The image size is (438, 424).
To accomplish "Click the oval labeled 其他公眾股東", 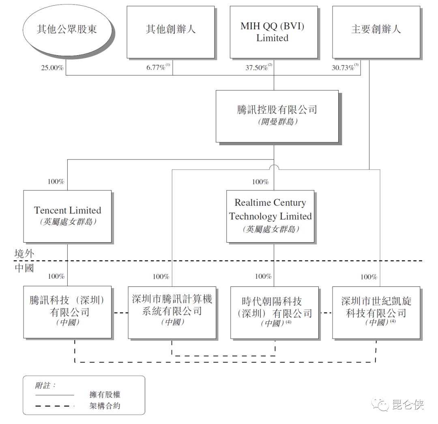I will pyautogui.click(x=67, y=30).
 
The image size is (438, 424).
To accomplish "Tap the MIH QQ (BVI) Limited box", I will pyautogui.click(x=273, y=32).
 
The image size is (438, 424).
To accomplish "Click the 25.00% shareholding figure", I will pyautogui.click(x=52, y=68).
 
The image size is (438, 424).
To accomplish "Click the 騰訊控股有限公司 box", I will pyautogui.click(x=277, y=116).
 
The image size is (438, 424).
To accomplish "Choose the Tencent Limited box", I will pyautogui.click(x=67, y=216).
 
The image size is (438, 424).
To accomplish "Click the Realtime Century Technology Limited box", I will pyautogui.click(x=271, y=216).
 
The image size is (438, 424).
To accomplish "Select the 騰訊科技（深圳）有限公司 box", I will pyautogui.click(x=67, y=312).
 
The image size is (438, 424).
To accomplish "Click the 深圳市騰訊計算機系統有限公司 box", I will pyautogui.click(x=172, y=312).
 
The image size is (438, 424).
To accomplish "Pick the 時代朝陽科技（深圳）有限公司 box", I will pyautogui.click(x=275, y=312).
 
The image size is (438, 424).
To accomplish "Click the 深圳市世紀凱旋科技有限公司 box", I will pyautogui.click(x=376, y=312).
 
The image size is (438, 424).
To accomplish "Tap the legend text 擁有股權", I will pyautogui.click(x=105, y=394).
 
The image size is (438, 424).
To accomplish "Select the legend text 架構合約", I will pyautogui.click(x=105, y=405).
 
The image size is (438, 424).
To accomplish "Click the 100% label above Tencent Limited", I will pyautogui.click(x=56, y=181).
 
